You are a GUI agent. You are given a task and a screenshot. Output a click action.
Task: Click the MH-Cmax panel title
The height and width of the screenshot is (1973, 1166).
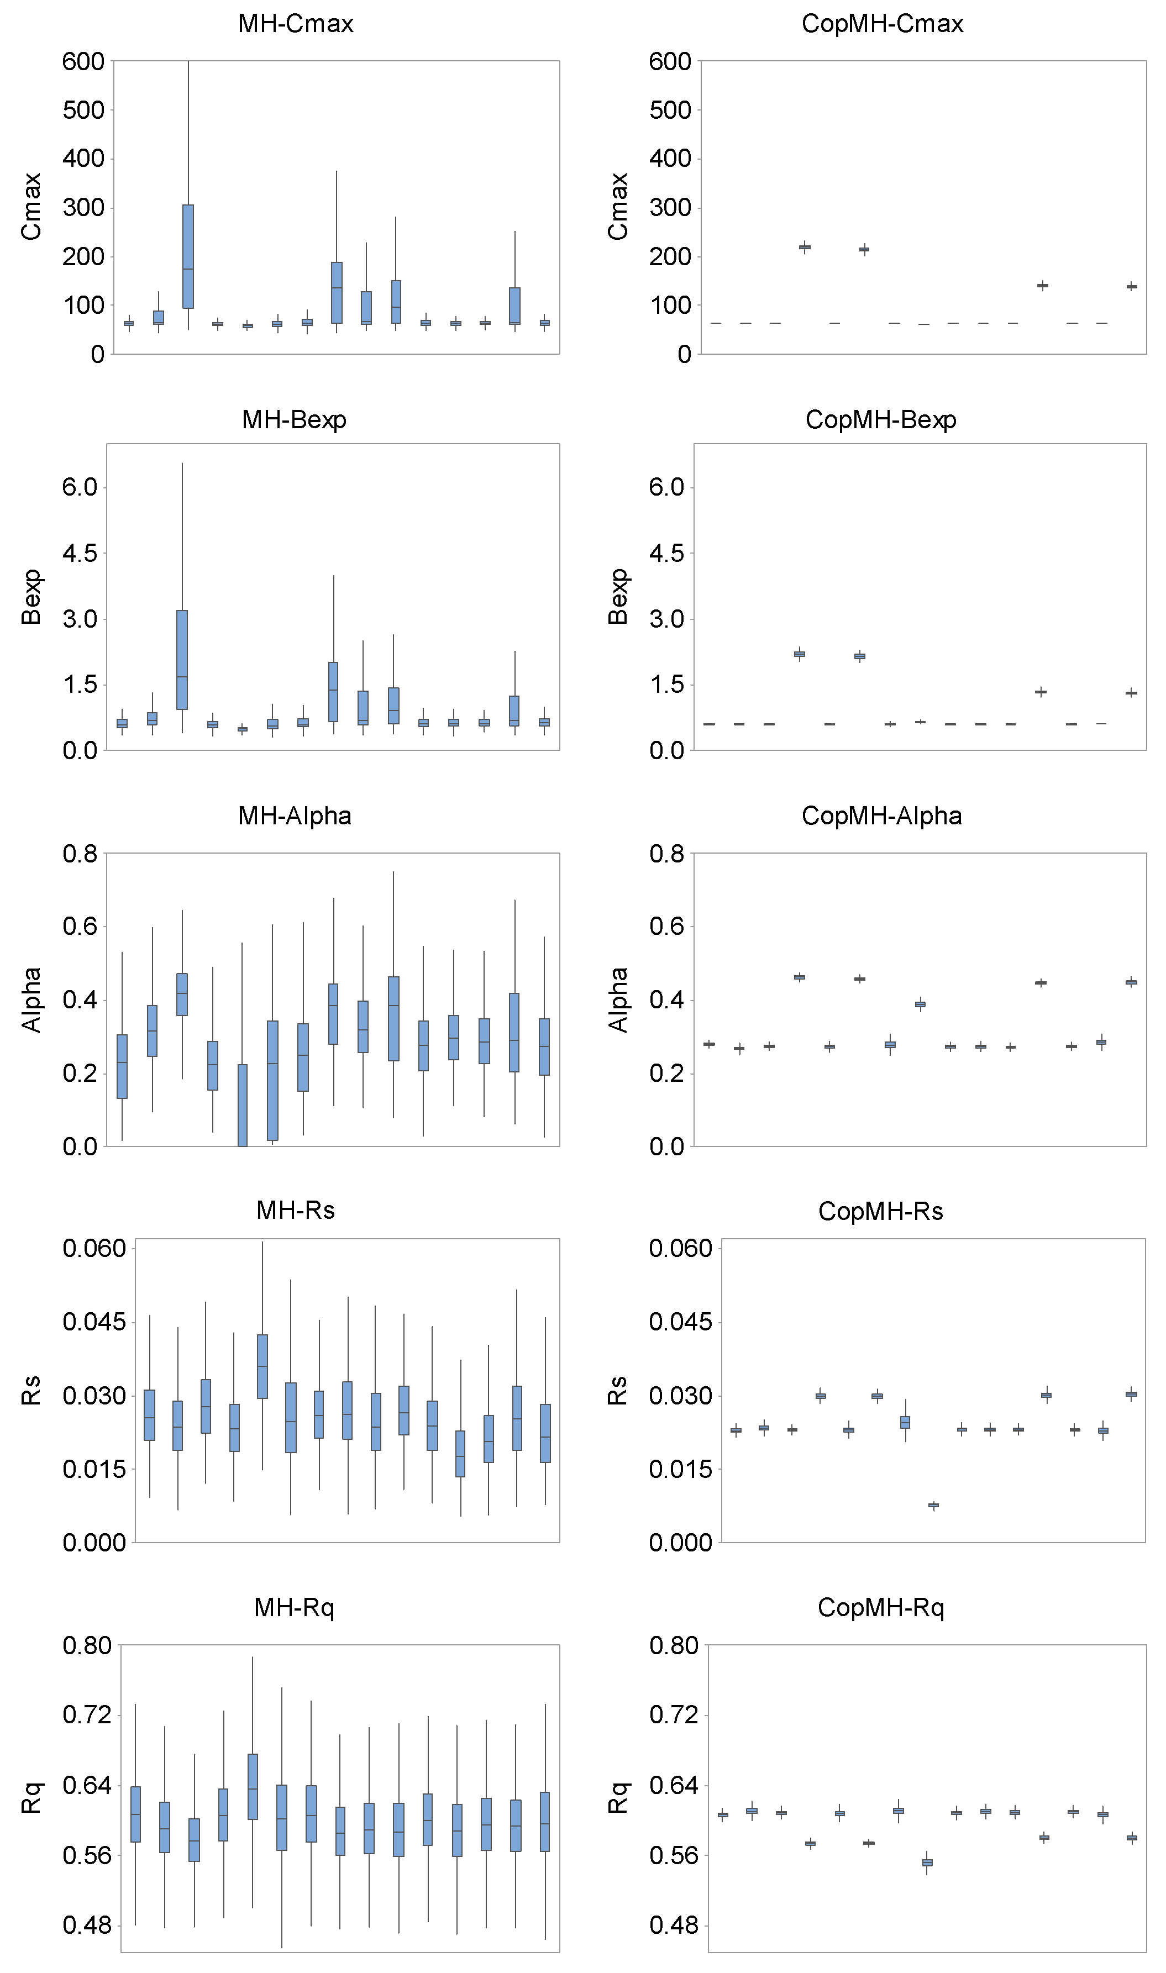pos(296,24)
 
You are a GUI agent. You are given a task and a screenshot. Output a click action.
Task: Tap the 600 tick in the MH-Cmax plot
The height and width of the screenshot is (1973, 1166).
pos(83,61)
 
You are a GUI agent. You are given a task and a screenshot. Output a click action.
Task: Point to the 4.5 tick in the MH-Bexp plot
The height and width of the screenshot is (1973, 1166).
pos(80,553)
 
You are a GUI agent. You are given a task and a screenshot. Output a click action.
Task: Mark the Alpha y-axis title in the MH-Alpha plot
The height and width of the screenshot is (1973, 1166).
pos(31,1000)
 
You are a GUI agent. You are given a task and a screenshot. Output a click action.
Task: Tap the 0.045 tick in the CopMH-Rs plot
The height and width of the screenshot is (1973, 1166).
pos(680,1322)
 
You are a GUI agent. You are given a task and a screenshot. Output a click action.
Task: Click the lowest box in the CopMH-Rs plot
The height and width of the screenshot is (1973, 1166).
pos(933,1506)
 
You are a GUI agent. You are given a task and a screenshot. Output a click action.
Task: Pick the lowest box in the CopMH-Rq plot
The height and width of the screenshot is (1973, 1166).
pos(927,1862)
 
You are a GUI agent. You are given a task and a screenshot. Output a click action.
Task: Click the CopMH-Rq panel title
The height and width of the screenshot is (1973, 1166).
pos(881,1607)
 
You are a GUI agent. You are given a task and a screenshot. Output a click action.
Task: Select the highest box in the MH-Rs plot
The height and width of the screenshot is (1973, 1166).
pos(262,1366)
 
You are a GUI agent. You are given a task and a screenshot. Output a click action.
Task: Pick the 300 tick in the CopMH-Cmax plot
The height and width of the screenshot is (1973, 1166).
pos(669,207)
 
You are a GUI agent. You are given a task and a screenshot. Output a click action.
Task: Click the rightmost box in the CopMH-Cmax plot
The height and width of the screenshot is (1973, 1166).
pos(1131,287)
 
